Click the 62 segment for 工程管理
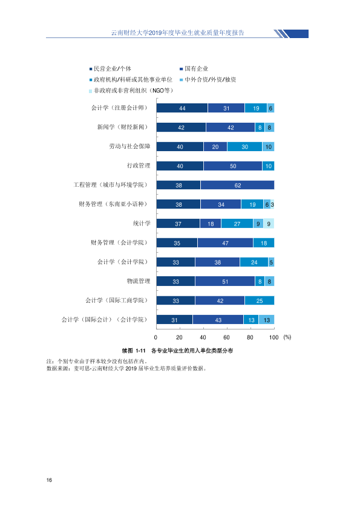coord(238,185)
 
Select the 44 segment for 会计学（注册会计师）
coord(182,108)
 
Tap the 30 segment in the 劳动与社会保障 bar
coord(244,147)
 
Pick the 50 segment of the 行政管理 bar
coord(233,166)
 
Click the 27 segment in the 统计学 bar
coord(237,224)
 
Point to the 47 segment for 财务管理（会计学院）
coord(225,243)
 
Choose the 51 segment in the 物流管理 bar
coord(225,282)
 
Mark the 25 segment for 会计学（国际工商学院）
coord(260,300)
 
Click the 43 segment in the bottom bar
coord(218,320)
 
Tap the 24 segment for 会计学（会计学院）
coord(254,262)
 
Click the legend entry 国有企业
coord(194,69)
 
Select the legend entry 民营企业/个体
coord(111,69)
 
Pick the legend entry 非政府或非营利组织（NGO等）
coord(131,91)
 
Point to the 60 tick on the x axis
coord(226,337)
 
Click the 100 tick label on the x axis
coord(274,337)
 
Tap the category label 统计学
coord(142,223)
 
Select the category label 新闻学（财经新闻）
coord(123,127)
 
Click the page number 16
coord(49,480)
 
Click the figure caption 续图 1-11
coord(134,351)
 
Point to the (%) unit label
coord(287,337)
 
